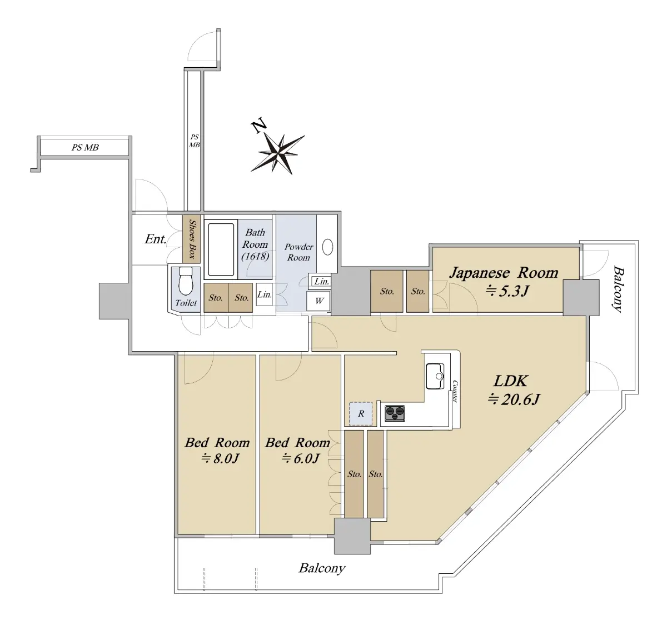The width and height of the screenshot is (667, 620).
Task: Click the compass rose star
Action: coord(278,154)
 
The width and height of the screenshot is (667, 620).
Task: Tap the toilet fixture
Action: coord(186,281)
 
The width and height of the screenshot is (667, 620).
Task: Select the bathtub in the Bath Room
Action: coord(221,249)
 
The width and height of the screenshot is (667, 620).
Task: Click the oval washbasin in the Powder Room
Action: coord(327,247)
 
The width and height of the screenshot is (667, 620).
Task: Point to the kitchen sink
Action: coord(435,376)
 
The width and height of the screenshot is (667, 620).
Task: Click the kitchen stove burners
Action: coord(395,413)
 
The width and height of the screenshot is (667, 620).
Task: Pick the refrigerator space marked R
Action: coord(361,413)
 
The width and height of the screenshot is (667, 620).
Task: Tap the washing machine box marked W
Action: coord(318,301)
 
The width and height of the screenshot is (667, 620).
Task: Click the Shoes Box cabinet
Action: coord(191,239)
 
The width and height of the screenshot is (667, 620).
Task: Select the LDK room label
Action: coord(510,381)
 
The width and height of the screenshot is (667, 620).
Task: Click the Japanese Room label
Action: coord(504,273)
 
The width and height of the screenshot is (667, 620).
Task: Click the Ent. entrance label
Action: coord(156,239)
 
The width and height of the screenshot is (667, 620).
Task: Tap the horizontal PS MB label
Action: coord(85,147)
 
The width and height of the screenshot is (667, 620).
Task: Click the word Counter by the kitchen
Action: coord(455,392)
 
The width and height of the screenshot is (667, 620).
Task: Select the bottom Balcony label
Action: coord(322,568)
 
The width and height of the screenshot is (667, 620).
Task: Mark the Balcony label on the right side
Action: coord(618,289)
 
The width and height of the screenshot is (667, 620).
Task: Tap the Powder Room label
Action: coord(298,252)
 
